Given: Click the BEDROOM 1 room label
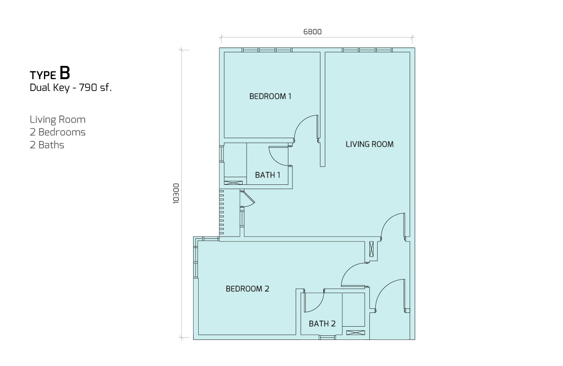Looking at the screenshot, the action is pyautogui.click(x=270, y=96).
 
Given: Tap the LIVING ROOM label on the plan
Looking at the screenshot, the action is pyautogui.click(x=369, y=144).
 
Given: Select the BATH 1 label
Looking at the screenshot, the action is pyautogui.click(x=268, y=175).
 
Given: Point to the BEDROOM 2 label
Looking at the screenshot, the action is pyautogui.click(x=248, y=289).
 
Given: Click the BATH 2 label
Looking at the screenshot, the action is pyautogui.click(x=322, y=323).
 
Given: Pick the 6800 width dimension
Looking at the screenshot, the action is pyautogui.click(x=313, y=32).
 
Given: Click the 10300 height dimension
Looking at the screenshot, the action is pyautogui.click(x=176, y=194).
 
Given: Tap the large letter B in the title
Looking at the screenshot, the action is pyautogui.click(x=65, y=73).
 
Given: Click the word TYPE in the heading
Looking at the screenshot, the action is pyautogui.click(x=43, y=75).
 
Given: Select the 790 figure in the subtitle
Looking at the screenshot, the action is pyautogui.click(x=88, y=87).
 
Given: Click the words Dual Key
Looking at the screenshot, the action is pyautogui.click(x=49, y=88).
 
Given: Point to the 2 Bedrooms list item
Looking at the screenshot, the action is pyautogui.click(x=58, y=132).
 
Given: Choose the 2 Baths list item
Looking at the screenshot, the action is pyautogui.click(x=47, y=145).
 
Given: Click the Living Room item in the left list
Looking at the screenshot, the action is pyautogui.click(x=58, y=120).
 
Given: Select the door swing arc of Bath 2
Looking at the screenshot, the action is pyautogui.click(x=319, y=307).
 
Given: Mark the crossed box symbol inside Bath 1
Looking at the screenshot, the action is pyautogui.click(x=233, y=183).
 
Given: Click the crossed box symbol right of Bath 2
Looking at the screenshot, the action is pyautogui.click(x=355, y=333).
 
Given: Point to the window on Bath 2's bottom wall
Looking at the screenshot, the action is pyautogui.click(x=327, y=337).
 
